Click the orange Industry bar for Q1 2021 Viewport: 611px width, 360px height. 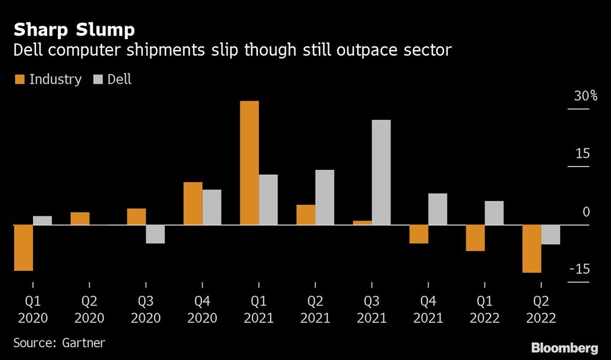tap(249, 163)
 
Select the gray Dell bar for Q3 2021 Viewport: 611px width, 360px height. tap(381, 172)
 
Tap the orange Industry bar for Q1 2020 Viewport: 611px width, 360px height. tap(23, 248)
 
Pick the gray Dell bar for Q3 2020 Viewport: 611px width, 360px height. tap(155, 234)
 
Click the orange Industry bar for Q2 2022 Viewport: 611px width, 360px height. tap(532, 249)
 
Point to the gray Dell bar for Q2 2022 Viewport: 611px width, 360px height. tap(551, 235)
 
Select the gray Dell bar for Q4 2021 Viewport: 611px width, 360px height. tap(437, 209)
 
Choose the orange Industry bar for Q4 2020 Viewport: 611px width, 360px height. tap(193, 204)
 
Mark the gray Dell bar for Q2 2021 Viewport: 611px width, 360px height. tap(324, 197)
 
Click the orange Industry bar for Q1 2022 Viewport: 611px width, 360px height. tap(475, 238)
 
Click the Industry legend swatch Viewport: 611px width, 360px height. tap(19, 79)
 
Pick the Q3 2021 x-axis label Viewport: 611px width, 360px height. tap(371, 310)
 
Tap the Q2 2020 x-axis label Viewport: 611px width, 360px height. tap(89, 310)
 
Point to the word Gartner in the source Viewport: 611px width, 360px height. tap(84, 343)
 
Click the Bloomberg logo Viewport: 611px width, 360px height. tap(564, 348)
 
